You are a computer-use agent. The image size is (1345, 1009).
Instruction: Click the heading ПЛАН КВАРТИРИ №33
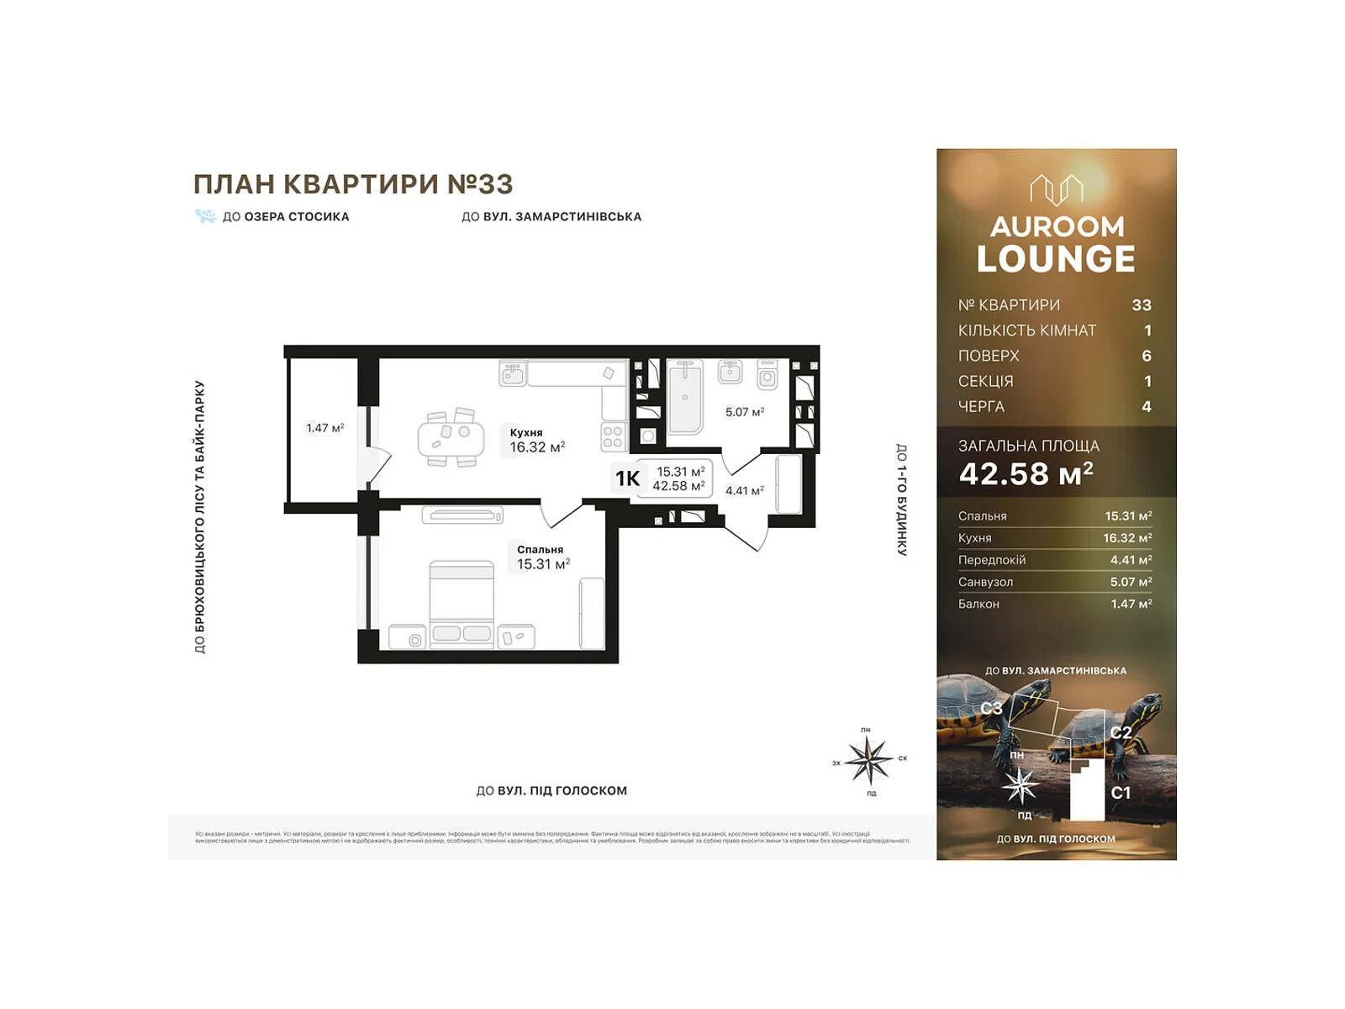[x=353, y=184]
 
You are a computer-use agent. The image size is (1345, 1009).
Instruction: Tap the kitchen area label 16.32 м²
[x=536, y=447]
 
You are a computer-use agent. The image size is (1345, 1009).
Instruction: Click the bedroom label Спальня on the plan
[x=540, y=549]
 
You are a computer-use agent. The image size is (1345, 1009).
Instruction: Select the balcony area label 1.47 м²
[x=324, y=428]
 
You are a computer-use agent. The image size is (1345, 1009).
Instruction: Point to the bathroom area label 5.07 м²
[x=744, y=412]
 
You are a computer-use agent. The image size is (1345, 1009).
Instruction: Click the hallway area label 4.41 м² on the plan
[x=744, y=490]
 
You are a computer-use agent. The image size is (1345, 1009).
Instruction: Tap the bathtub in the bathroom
[x=685, y=397]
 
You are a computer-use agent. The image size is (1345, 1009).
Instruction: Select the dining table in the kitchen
[x=451, y=438]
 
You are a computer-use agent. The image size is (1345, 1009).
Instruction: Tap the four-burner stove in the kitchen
[x=613, y=436]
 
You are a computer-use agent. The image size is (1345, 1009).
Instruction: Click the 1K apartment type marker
[x=627, y=478]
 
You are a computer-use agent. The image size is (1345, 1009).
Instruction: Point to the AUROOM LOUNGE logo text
[x=1056, y=245]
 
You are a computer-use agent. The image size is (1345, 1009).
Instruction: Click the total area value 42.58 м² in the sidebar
[x=1026, y=474]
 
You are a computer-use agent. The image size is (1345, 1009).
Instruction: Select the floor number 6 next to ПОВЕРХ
[x=1146, y=356]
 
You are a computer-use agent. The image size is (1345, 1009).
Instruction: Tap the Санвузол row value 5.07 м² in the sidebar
[x=1130, y=582]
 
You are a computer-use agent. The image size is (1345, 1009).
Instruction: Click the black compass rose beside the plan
[x=868, y=759]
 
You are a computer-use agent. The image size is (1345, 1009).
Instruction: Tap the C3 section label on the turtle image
[x=991, y=708]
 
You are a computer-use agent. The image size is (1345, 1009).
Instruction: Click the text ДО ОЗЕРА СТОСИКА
[x=285, y=217]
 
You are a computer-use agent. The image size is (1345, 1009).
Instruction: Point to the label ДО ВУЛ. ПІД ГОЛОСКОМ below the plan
[x=551, y=790]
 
